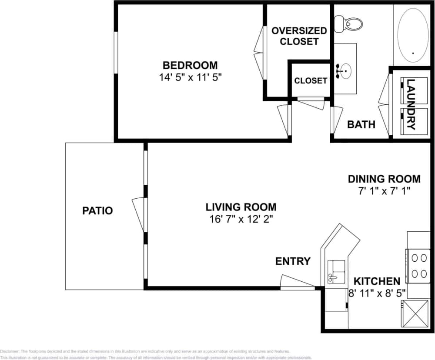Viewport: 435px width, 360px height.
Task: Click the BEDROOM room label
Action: pos(190,66)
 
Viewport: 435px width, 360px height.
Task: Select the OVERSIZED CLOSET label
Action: pos(299,36)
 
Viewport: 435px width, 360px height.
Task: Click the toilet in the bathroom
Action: pos(352,23)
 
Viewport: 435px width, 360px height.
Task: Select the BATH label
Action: pos(361,125)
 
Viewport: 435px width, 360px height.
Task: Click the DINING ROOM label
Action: pos(384,179)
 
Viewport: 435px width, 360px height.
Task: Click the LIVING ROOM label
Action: pos(241,207)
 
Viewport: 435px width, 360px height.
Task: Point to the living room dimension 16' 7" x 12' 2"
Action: pos(241,219)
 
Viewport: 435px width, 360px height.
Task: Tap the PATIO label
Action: pos(97,211)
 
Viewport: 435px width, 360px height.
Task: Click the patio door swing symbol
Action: pos(139,213)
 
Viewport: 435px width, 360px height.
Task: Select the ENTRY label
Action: pos(293,261)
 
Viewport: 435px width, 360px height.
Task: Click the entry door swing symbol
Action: pos(296,282)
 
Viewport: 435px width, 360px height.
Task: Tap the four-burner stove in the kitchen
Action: pos(418,266)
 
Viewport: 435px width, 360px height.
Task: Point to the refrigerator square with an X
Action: pos(412,313)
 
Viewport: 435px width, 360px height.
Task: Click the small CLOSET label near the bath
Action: pos(311,81)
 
